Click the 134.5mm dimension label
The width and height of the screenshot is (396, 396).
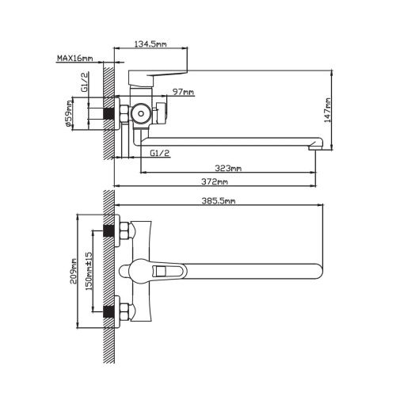point(150,44)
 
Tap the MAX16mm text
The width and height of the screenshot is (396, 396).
point(75,58)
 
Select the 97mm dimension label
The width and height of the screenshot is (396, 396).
point(183,92)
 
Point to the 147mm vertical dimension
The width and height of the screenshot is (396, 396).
point(328,110)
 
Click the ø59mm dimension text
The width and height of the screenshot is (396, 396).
point(69,113)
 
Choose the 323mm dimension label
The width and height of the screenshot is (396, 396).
point(228,168)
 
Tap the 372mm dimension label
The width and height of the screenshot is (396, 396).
point(215,181)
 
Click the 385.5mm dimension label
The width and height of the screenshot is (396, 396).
point(219,201)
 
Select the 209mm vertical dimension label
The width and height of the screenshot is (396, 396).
point(73,271)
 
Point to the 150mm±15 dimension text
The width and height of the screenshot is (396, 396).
point(89,271)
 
